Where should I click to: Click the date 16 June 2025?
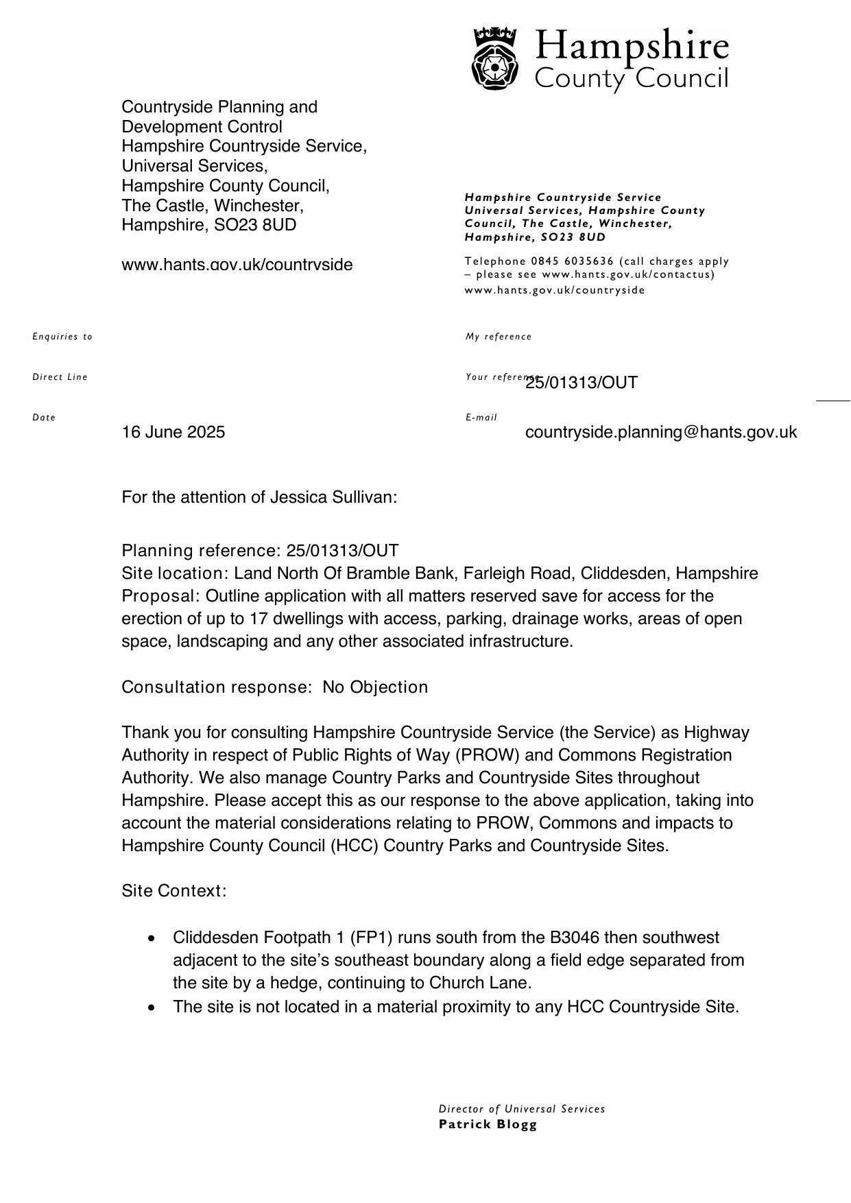pos(173,432)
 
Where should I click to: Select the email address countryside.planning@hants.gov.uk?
pos(660,432)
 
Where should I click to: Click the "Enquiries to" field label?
pos(62,337)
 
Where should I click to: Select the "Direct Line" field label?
pos(60,377)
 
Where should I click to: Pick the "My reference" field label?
pos(499,337)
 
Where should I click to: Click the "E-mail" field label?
pos(481,418)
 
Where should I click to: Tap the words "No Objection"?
pos(375,687)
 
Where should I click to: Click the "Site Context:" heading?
pos(173,891)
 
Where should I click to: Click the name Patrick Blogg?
pos(488,1124)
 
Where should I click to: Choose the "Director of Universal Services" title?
pos(522,1109)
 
